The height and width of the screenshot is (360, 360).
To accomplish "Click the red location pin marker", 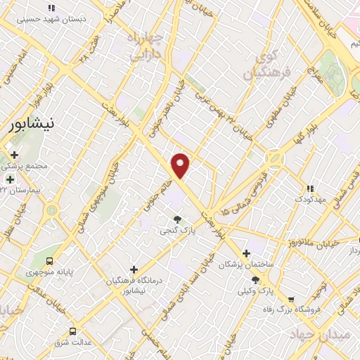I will click(181, 166).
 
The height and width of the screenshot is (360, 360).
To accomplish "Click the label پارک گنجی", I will click(176, 230).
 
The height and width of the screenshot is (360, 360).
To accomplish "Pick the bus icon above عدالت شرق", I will click(72, 331).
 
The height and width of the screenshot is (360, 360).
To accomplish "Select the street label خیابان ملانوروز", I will click(324, 244).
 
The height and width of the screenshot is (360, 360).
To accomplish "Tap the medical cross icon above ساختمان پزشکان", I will click(245, 253).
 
